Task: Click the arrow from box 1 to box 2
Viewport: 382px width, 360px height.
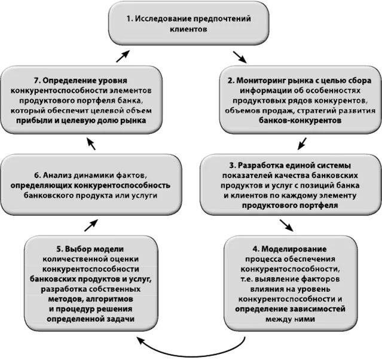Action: click(240, 57)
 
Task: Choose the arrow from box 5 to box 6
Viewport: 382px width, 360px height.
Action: click(90, 224)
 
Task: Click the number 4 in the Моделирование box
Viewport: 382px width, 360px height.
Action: click(255, 248)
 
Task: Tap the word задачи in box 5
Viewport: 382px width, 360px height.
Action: click(118, 319)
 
